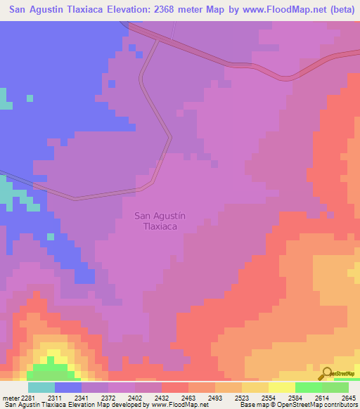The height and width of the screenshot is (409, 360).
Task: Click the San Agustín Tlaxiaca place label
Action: [160, 221]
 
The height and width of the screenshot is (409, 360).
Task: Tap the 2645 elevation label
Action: [349, 398]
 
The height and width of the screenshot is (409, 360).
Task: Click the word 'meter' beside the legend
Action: [12, 398]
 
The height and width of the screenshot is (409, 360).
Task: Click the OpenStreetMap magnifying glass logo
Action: [326, 374]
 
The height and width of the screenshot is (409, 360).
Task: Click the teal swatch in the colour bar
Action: [41, 387]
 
